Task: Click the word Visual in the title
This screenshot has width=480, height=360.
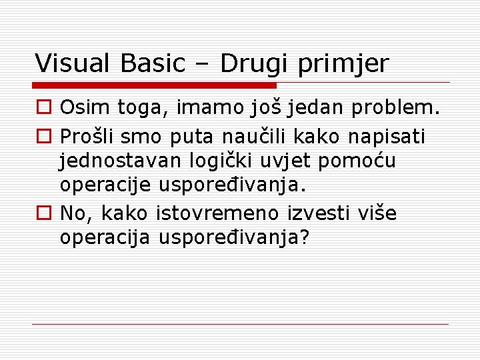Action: [x=75, y=63]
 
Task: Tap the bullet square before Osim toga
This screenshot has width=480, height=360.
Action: [x=43, y=108]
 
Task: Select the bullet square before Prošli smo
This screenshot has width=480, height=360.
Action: [x=43, y=137]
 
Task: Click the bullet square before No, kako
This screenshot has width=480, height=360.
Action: [x=43, y=214]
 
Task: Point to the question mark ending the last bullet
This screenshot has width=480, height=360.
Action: [x=305, y=237]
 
